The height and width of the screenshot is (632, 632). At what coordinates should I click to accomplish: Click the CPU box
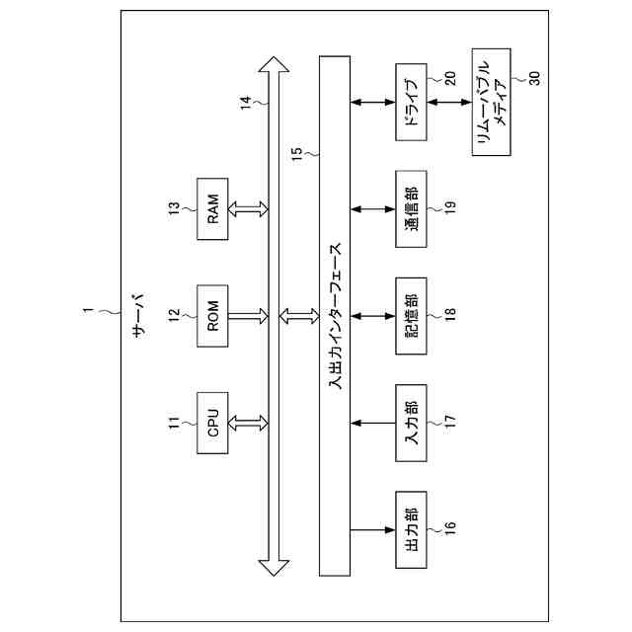(x=213, y=424)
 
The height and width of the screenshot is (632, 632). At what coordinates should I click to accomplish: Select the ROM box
(x=213, y=315)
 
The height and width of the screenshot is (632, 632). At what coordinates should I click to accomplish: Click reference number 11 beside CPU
(x=173, y=424)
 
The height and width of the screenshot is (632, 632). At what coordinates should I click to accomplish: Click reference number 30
(x=534, y=79)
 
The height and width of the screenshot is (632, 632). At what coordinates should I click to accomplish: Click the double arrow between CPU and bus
(x=248, y=424)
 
